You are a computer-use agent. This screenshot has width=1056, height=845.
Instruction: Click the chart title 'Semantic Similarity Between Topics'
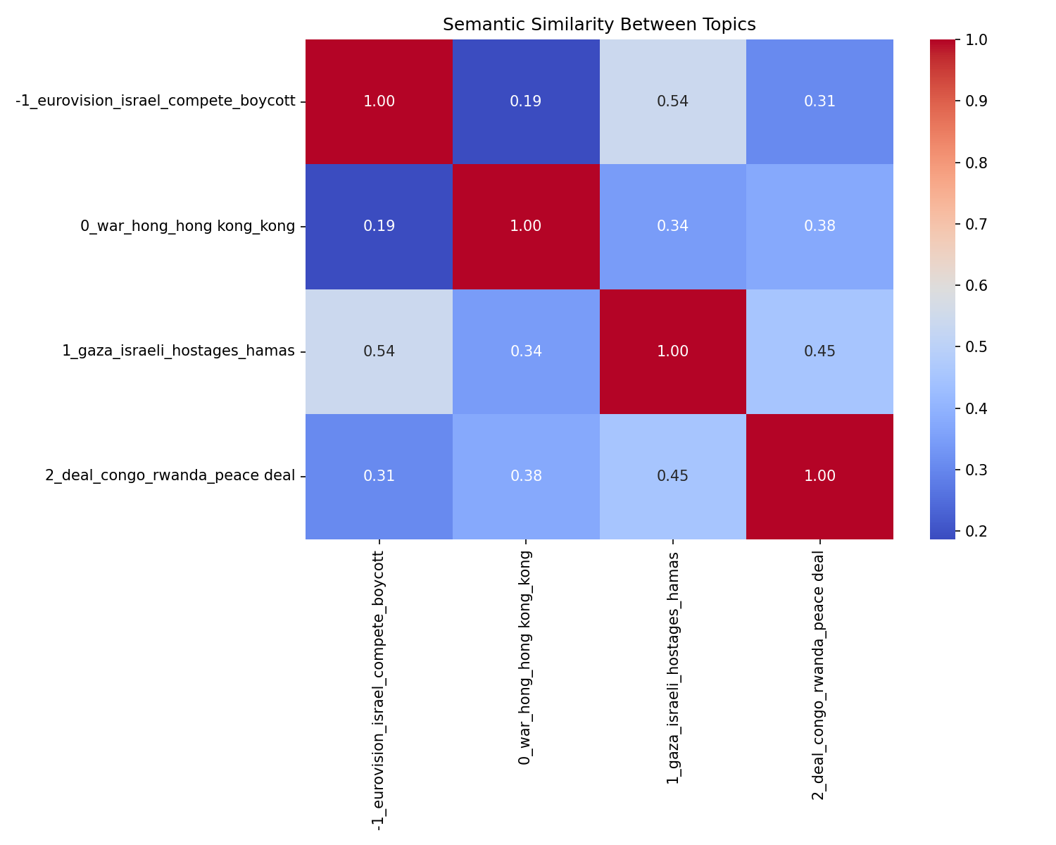(599, 25)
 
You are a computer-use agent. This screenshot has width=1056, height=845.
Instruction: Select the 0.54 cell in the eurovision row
(672, 101)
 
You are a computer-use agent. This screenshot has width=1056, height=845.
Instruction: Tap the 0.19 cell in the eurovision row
(526, 101)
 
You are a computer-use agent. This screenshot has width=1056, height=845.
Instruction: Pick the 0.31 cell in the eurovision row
(819, 101)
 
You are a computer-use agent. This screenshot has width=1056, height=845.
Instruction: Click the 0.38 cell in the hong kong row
(819, 226)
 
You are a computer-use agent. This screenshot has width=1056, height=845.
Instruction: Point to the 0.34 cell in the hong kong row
(672, 226)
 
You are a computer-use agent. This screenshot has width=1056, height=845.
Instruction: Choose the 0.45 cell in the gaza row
(819, 351)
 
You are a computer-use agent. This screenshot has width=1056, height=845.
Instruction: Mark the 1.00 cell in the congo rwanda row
(819, 476)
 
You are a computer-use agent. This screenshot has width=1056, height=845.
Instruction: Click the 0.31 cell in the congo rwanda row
(379, 476)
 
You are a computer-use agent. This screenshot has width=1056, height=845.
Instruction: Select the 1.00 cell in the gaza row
(672, 351)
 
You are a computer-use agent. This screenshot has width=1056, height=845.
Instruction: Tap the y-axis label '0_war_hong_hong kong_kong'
(187, 226)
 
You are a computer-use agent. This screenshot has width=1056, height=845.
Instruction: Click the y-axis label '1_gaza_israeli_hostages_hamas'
(178, 351)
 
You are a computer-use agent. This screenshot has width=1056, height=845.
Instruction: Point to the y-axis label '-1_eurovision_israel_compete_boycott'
(155, 101)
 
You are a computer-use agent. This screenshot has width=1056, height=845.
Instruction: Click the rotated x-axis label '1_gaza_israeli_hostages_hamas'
(672, 668)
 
